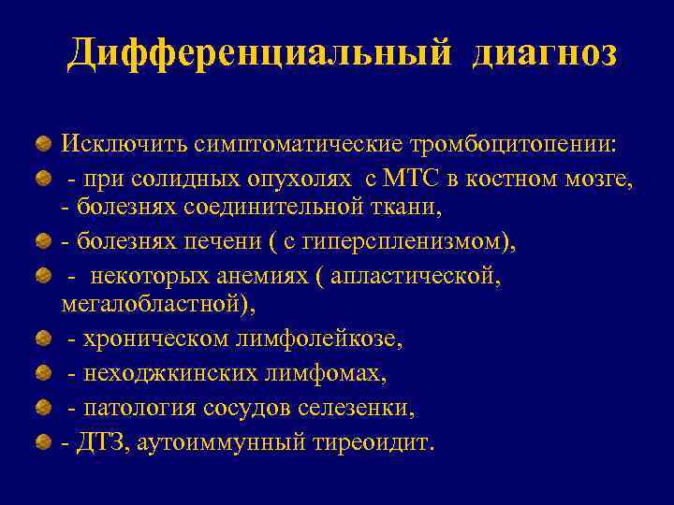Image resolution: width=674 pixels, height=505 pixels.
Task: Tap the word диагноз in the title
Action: [x=545, y=53]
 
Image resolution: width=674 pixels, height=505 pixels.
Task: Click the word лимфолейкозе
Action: [x=329, y=340]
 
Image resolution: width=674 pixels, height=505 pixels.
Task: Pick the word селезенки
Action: [x=358, y=408]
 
